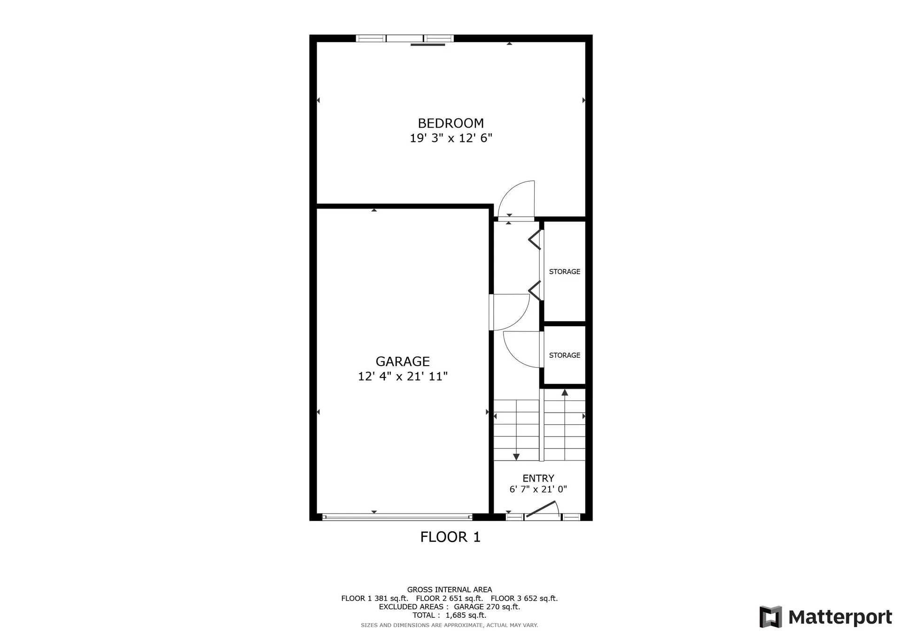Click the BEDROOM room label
[x=451, y=123]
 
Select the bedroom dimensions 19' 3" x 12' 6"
[x=451, y=138]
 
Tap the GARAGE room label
[x=403, y=361]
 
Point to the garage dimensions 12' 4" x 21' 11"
[x=403, y=376]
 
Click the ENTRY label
[x=538, y=478]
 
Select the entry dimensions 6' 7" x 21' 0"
[x=538, y=489]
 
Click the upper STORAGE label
[x=564, y=271]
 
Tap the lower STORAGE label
[x=564, y=355]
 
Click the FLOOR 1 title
[x=450, y=537]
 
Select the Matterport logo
[x=825, y=617]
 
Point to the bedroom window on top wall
[x=404, y=38]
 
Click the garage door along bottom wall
[x=397, y=517]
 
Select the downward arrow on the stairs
[x=516, y=456]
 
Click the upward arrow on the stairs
[x=565, y=392]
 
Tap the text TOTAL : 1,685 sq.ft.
[x=449, y=615]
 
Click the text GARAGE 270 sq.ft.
[x=487, y=606]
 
